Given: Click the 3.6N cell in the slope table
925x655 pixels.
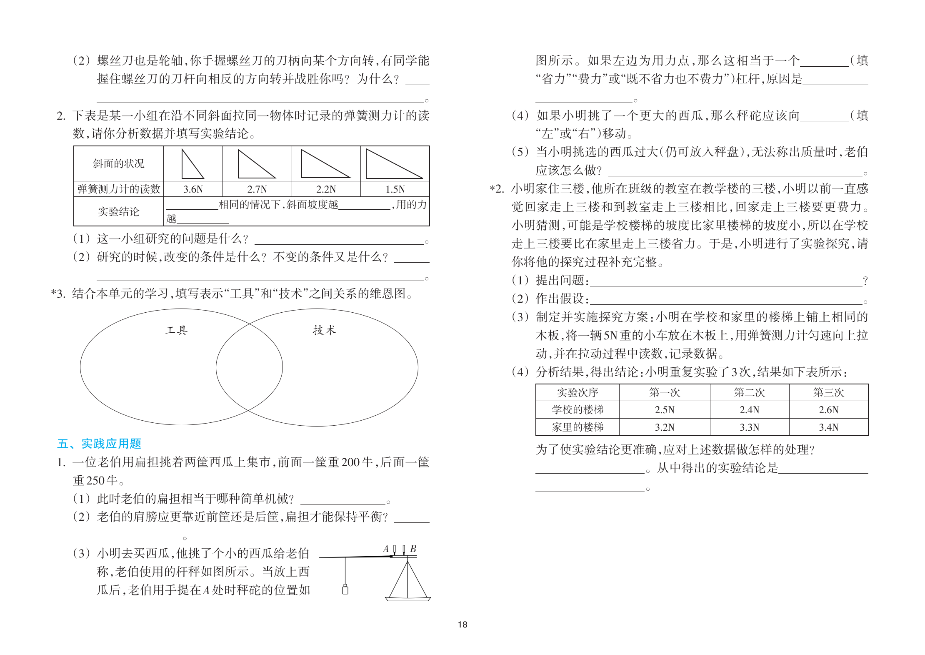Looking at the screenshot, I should [x=193, y=189].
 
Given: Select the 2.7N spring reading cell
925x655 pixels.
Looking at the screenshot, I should [x=257, y=189].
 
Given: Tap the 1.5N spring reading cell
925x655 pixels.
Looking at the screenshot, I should [x=395, y=189].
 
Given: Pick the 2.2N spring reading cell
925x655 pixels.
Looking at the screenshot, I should [x=326, y=189].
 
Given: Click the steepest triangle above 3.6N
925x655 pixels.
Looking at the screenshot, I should [x=192, y=165].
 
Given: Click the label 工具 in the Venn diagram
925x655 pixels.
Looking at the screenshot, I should [x=177, y=331].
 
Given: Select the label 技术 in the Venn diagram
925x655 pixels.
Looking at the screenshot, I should [x=324, y=330].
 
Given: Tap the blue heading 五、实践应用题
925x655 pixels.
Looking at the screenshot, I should [x=99, y=444].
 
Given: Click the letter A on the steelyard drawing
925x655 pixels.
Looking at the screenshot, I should [x=386, y=549].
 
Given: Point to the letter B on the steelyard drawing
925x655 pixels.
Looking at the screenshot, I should [x=413, y=549].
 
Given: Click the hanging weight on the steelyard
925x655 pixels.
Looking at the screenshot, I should [x=345, y=590].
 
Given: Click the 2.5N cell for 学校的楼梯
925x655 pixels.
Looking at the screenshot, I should [x=664, y=410].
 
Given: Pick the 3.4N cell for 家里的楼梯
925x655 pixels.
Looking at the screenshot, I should [x=828, y=427].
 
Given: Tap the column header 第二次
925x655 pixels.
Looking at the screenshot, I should [x=749, y=393].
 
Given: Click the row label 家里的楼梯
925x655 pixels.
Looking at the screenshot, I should [x=577, y=427].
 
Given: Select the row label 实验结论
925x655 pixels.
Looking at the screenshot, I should [x=119, y=212].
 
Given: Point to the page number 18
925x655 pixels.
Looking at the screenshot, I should [x=462, y=625].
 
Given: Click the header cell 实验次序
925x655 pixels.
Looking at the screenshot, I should [x=577, y=393].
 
